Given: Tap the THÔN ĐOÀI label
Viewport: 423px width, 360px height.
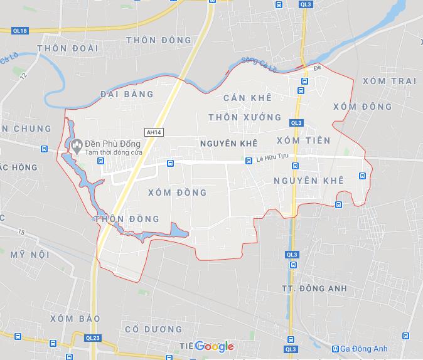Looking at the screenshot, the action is click(60, 48).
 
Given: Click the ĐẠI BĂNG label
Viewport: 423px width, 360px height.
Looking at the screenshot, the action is click(126, 94).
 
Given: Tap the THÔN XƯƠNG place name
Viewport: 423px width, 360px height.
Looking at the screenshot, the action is click(245, 117).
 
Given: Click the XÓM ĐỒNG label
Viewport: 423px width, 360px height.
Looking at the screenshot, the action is click(178, 193).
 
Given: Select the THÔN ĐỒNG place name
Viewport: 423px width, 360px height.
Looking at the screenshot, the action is click(126, 218).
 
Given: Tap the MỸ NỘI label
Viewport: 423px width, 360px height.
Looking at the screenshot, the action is click(29, 254).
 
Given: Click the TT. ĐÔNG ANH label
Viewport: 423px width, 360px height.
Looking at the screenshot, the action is click(313, 289).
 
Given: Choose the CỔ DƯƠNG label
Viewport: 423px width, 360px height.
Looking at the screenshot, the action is click(153, 329).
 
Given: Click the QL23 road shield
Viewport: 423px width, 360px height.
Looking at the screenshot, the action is click(93, 338).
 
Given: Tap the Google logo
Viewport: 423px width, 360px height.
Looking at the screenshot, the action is click(214, 346).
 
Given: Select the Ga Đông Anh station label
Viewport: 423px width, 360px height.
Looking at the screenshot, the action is click(363, 349).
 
